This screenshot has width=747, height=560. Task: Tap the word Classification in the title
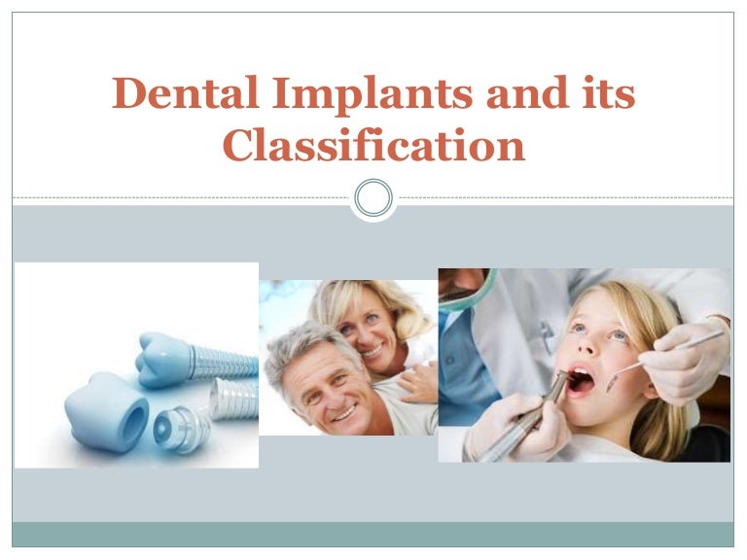(373, 146)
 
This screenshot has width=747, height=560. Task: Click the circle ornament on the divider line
(373, 198)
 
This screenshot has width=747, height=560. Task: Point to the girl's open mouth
(580, 378)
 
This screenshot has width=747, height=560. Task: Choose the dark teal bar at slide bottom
(373, 535)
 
